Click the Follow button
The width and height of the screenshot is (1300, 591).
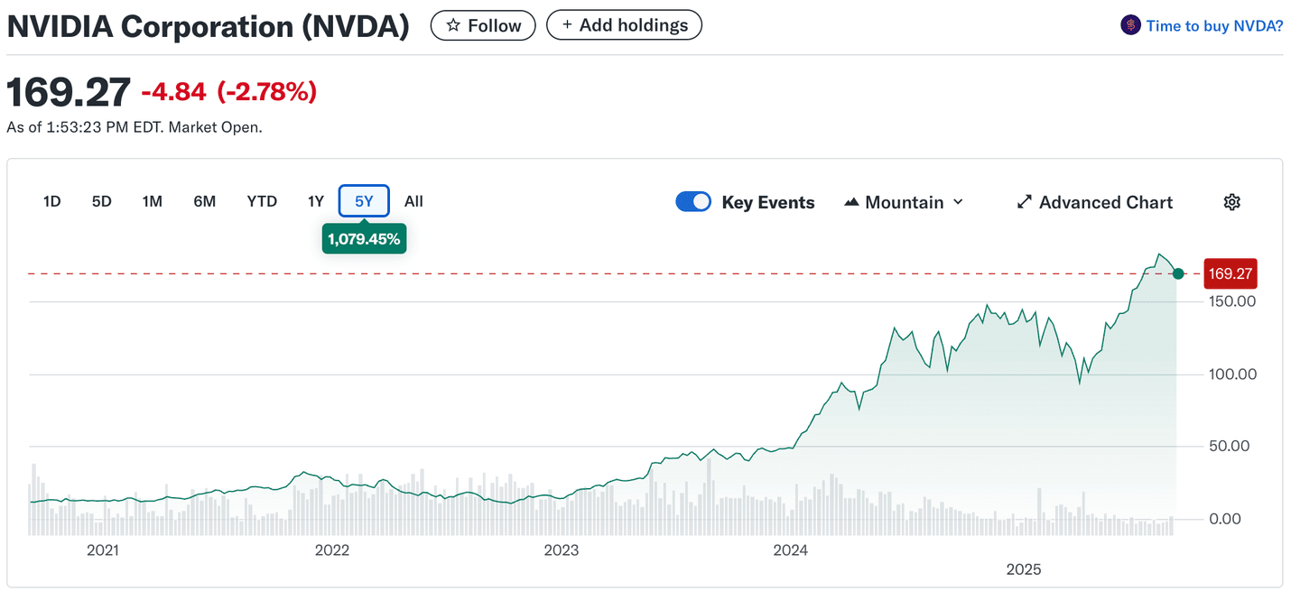point(483,25)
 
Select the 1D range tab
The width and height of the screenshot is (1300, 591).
point(51,201)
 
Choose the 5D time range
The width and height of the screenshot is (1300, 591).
point(101,201)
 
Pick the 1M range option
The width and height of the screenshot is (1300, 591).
point(152,201)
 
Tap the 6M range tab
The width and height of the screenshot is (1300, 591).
point(204,201)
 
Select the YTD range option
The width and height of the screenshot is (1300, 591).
point(262,201)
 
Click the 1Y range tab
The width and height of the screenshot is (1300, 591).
point(315,201)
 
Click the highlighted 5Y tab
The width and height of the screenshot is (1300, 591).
point(364,201)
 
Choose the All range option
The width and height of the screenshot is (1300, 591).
point(413,201)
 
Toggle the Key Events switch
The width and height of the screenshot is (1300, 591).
point(693,202)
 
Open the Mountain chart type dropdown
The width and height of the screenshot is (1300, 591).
point(904,202)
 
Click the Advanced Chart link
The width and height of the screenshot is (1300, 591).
point(1094,202)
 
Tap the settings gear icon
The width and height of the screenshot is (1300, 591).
point(1231,202)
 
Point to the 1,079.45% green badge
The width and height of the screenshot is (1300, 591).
point(364,239)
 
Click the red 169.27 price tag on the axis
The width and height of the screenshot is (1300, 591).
point(1229,273)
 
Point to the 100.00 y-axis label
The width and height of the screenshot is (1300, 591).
point(1232,374)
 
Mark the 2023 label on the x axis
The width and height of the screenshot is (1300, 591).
point(562,550)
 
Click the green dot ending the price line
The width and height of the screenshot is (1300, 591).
point(1178,273)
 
